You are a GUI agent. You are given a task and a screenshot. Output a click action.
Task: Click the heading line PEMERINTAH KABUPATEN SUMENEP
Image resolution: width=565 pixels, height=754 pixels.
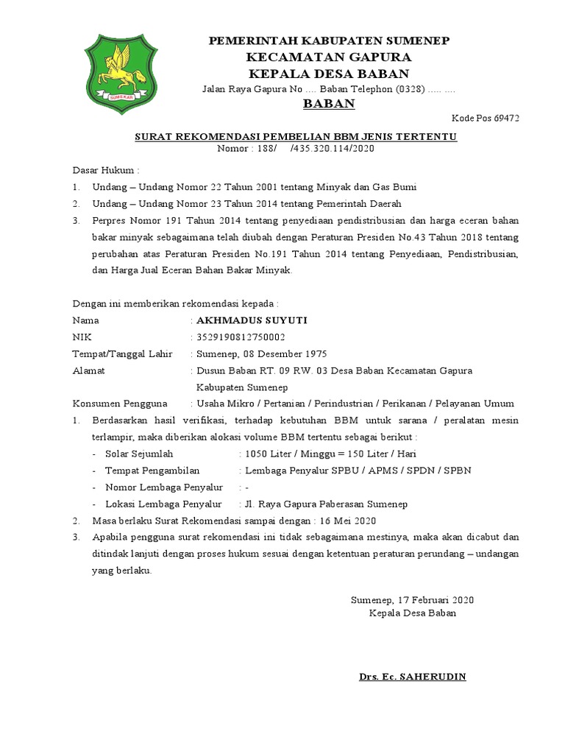[x=330, y=40]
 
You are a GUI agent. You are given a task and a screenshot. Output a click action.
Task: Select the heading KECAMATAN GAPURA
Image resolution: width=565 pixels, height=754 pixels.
[x=329, y=57]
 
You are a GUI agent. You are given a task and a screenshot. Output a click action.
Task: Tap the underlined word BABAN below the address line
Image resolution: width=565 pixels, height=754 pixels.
[x=329, y=104]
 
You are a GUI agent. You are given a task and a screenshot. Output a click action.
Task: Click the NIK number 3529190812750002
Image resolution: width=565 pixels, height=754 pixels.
[x=241, y=338]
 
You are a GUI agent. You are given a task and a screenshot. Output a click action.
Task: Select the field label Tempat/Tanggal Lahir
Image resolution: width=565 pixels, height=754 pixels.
[x=121, y=354]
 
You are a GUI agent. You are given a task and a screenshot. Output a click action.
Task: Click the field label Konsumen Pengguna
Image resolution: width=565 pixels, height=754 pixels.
[x=120, y=404]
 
